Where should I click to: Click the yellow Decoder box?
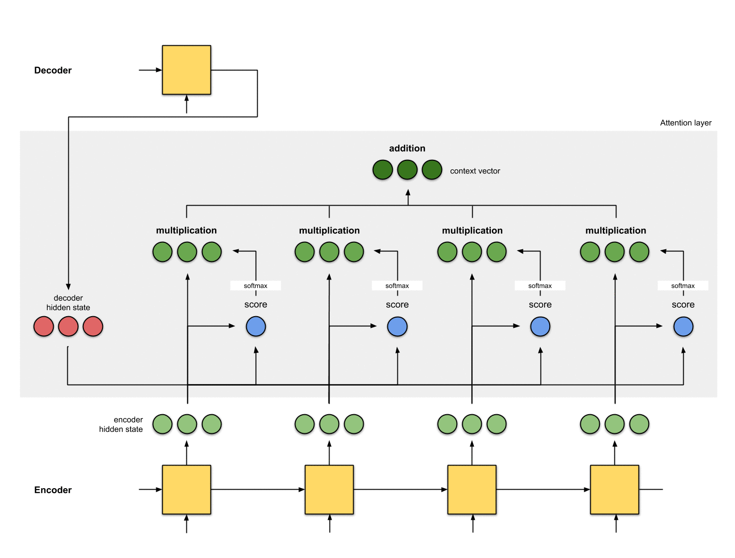pyautogui.click(x=186, y=70)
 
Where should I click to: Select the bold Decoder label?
pyautogui.click(x=53, y=70)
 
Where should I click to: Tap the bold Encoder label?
pyautogui.click(x=53, y=490)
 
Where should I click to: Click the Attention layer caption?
pyautogui.click(x=685, y=123)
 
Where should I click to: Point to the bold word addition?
pyautogui.click(x=407, y=148)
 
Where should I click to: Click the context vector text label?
pyautogui.click(x=475, y=171)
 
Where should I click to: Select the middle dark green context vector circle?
pyautogui.click(x=407, y=170)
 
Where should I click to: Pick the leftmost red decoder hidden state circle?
pyautogui.click(x=44, y=327)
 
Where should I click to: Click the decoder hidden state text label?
pyautogui.click(x=68, y=303)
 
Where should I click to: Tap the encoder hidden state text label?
pyautogui.click(x=121, y=424)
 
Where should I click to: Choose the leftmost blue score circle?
pyautogui.click(x=256, y=327)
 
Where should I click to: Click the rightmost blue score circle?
pyautogui.click(x=683, y=327)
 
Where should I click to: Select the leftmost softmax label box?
pyautogui.click(x=256, y=286)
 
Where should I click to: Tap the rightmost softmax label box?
pyautogui.click(x=683, y=286)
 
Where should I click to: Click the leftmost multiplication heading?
pyautogui.click(x=186, y=230)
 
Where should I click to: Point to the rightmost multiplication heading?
pyautogui.click(x=615, y=230)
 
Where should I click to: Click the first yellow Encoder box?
pyautogui.click(x=186, y=490)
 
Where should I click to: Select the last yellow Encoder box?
pyautogui.click(x=614, y=490)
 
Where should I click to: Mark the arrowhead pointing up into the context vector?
pyautogui.click(x=408, y=192)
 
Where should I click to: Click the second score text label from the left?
pyautogui.click(x=397, y=305)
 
